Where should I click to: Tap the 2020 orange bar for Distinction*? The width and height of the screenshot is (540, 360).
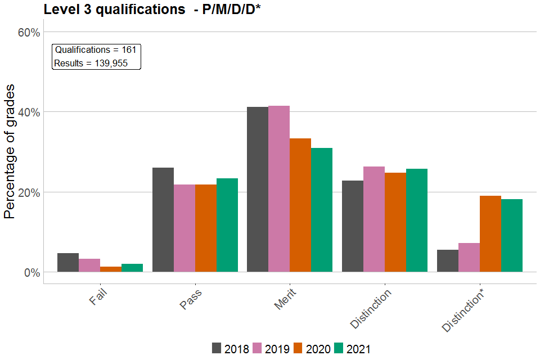point(490,234)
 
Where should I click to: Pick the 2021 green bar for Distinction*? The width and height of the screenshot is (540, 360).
point(512,236)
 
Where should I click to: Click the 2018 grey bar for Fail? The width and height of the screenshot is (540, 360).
point(68,263)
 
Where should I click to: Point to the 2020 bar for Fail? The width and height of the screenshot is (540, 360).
point(111,269)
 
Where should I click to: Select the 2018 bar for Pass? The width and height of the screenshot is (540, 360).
point(163,220)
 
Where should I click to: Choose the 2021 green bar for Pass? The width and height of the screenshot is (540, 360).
point(227,225)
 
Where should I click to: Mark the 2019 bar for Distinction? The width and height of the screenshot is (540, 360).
point(374,219)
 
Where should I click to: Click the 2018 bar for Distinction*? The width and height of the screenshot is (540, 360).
point(448,261)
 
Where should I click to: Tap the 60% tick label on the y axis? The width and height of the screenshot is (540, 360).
point(29,32)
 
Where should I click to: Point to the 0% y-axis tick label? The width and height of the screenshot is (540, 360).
point(31,272)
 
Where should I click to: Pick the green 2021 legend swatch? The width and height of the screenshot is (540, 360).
point(339,349)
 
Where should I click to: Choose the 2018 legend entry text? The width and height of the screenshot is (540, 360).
point(237,349)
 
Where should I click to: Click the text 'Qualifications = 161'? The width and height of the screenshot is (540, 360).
point(96,50)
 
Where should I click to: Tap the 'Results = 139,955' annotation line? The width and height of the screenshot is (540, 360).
point(91,63)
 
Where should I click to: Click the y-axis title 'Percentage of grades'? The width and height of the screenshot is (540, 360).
point(10,152)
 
